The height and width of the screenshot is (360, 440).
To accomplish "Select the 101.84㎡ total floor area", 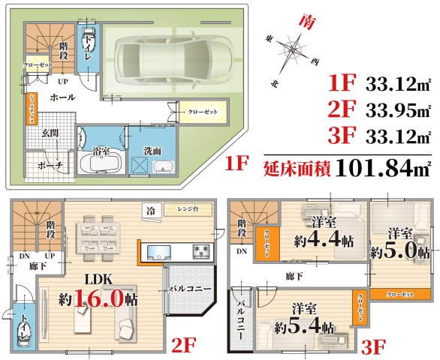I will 383,166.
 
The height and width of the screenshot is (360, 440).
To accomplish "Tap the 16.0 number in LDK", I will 109,298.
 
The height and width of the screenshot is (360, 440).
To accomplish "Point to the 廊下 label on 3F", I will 295,277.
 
